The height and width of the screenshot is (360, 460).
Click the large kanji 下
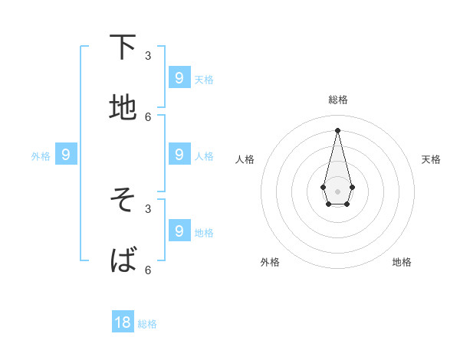[x=123, y=47]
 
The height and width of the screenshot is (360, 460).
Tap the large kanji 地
[x=123, y=108]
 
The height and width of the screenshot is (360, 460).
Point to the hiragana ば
[x=123, y=261]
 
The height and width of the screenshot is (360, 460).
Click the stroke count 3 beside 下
[x=148, y=55]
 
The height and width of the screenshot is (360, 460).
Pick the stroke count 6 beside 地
[x=148, y=116]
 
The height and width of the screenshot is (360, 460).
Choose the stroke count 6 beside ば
[x=148, y=270]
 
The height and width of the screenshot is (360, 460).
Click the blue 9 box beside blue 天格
[x=179, y=77]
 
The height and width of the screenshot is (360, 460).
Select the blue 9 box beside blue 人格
[x=179, y=154]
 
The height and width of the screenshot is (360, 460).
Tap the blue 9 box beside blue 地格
[x=179, y=231]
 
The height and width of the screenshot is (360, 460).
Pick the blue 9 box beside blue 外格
[x=66, y=154]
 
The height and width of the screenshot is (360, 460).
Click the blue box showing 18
[x=123, y=322]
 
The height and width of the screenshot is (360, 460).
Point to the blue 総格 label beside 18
[x=147, y=324]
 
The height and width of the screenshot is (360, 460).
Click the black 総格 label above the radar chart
[x=338, y=100]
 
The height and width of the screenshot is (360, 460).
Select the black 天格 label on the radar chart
[x=431, y=159]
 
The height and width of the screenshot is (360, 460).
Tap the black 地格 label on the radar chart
[x=402, y=262]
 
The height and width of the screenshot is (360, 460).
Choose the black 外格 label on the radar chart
[x=270, y=262]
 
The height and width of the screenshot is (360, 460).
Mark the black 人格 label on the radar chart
[x=245, y=159]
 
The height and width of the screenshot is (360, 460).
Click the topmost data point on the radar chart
[x=337, y=129]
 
